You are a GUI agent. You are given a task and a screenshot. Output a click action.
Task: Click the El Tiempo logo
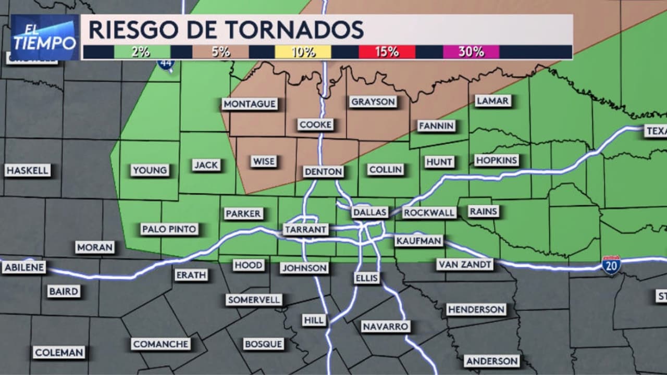click(45, 37)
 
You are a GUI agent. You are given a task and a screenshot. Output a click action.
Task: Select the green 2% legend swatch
click(142, 52)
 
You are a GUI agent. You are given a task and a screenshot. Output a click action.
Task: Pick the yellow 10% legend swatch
click(303, 52)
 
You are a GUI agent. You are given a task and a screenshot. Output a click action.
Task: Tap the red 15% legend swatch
click(387, 52)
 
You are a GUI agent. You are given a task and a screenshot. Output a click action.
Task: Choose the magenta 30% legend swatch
click(471, 52)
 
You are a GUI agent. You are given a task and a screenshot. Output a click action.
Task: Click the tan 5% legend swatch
click(220, 52)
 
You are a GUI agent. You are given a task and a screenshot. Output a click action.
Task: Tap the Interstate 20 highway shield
click(611, 265)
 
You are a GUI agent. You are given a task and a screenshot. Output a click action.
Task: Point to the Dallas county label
click(370, 212)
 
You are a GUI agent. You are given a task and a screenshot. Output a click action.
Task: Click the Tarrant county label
click(306, 229)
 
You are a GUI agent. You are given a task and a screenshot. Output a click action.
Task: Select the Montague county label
click(250, 104)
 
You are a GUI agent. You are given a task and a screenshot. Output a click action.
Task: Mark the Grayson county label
click(373, 102)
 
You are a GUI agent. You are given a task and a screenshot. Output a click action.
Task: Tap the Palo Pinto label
click(169, 229)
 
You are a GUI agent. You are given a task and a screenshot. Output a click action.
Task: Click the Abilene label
click(24, 268)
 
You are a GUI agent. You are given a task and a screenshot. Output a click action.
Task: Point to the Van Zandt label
click(465, 265)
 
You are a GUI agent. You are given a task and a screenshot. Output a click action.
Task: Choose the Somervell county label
click(254, 299)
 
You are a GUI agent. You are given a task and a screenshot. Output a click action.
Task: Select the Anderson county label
click(492, 361)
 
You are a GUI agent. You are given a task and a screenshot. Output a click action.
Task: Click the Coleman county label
click(59, 353)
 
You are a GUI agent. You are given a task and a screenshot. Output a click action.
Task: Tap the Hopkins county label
click(497, 160)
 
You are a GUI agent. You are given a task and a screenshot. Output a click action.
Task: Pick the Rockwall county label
click(429, 213)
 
